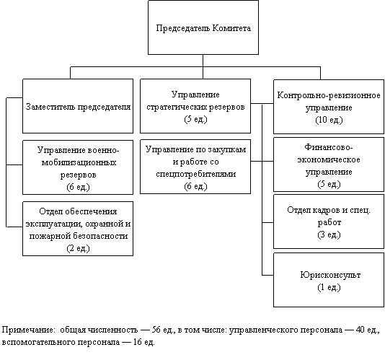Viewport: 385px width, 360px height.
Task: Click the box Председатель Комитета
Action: coord(203,27)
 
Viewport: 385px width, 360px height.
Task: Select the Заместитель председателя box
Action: coord(78,106)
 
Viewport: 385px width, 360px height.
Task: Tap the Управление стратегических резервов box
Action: coord(195,106)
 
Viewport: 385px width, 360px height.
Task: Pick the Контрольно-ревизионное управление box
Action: coord(329,107)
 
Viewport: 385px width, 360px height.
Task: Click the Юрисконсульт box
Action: coord(329,280)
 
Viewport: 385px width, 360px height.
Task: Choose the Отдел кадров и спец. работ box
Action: coord(329,221)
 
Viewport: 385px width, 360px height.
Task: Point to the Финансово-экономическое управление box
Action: coord(329,164)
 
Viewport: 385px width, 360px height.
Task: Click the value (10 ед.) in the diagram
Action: coord(329,120)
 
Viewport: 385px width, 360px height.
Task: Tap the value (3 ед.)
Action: coord(329,234)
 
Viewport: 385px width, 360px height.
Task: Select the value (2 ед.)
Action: coord(78,248)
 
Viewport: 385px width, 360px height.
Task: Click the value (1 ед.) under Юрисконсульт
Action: coord(329,287)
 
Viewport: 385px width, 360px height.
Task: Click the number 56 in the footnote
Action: coord(156,330)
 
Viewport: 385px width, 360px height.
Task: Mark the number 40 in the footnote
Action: coord(360,330)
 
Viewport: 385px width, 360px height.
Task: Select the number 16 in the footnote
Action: coord(138,342)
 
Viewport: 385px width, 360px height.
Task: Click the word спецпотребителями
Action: coord(195,174)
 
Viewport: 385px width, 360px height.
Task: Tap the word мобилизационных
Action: coord(79,162)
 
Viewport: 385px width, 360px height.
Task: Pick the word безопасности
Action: coord(100,236)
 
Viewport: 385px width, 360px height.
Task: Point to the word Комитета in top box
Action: coord(231,28)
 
